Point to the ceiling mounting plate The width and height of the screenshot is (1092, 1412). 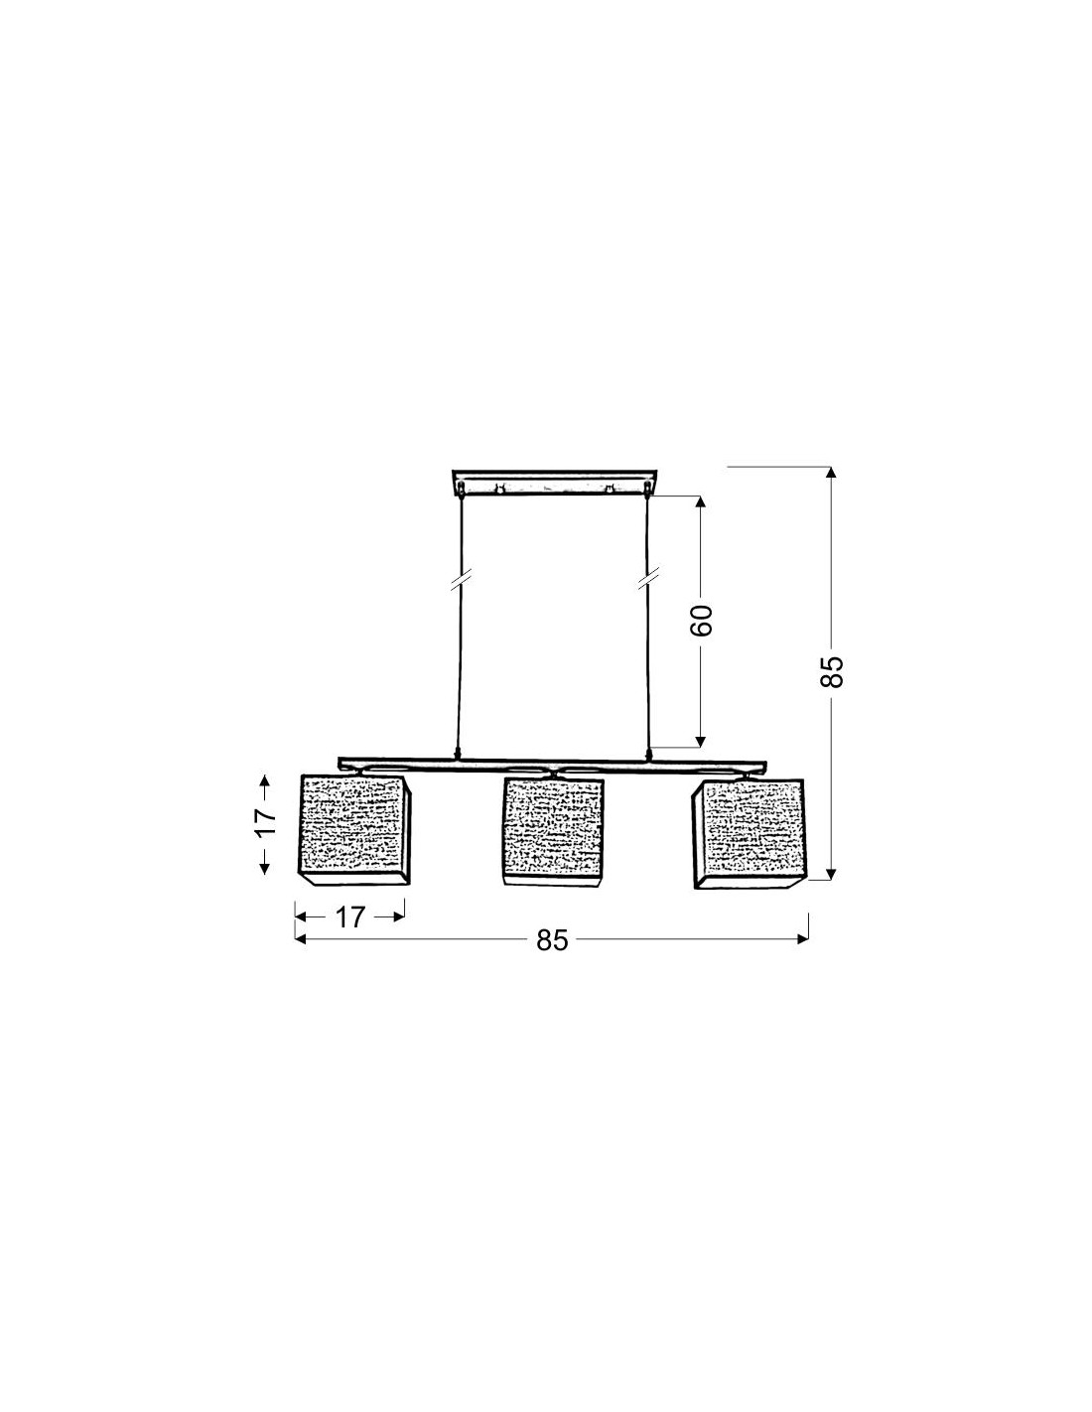tap(554, 483)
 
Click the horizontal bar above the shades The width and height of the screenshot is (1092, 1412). tap(552, 765)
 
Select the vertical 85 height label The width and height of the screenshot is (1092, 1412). tap(832, 670)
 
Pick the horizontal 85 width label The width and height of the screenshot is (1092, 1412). tap(552, 940)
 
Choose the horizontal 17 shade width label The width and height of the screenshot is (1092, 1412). tap(350, 918)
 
